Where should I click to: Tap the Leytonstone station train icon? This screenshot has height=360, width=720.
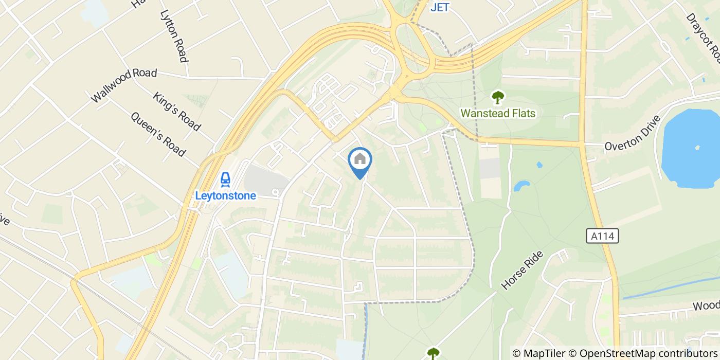coord(225,179)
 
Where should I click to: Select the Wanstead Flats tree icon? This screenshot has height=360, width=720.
coord(497,97)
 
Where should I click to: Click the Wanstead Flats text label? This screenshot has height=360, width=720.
coord(497,113)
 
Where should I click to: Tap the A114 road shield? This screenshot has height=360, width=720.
coord(602,236)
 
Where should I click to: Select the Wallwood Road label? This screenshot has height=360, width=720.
coord(123,85)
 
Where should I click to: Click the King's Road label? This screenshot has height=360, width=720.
coord(176,111)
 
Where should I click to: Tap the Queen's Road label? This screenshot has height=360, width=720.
coord(158,134)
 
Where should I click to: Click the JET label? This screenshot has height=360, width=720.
coord(440,7)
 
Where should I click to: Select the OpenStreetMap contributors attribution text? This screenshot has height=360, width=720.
coord(643,353)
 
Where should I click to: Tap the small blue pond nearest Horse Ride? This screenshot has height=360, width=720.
coord(521,185)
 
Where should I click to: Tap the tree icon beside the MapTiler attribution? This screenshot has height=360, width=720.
coord(433,353)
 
